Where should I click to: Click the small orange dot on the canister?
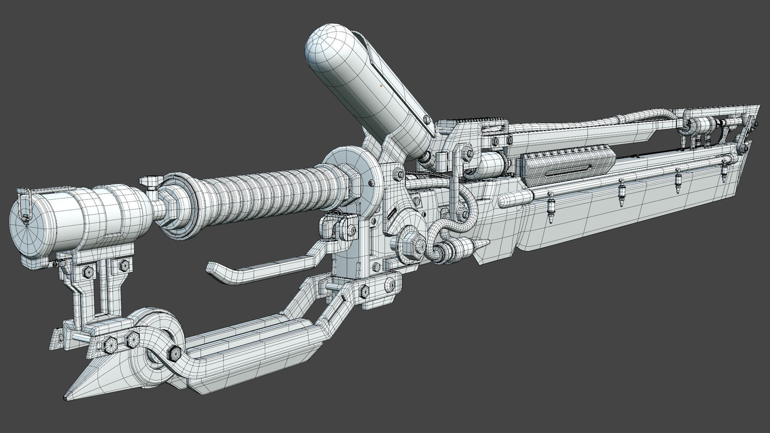point(381,85)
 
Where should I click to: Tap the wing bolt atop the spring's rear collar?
point(149,181)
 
